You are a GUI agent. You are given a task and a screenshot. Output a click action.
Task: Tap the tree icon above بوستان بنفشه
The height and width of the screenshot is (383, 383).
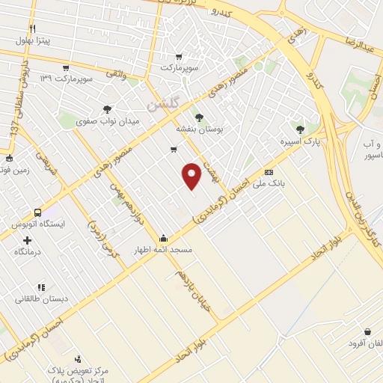coord(199,117)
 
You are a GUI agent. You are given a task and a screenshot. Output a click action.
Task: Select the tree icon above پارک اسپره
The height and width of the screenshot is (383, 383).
coord(300,129)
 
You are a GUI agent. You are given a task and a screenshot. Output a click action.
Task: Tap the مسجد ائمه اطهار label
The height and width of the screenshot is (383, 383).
coord(163,248)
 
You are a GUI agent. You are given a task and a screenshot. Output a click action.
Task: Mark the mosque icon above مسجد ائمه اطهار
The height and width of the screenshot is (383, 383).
coord(163,236)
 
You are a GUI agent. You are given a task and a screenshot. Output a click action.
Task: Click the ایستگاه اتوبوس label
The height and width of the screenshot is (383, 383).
coord(37,224)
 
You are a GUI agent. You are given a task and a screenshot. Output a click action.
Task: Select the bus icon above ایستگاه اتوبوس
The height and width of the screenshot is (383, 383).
coord(37,212)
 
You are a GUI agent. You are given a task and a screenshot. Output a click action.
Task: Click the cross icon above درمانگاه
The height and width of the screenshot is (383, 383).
coord(28,240)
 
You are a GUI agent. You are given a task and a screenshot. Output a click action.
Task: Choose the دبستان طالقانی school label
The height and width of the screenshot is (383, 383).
coord(44,298)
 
